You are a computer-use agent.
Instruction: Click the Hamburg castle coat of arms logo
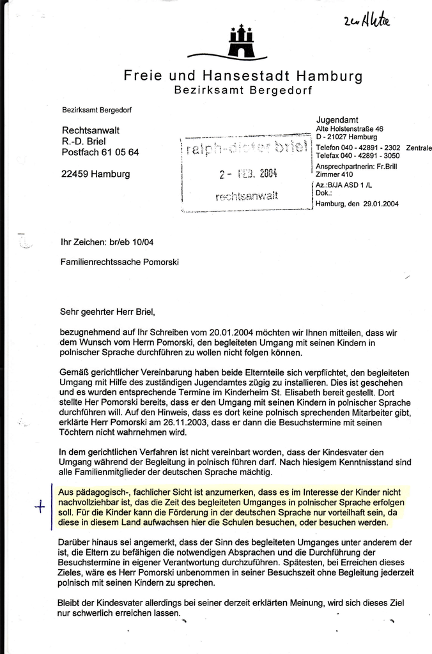coord(241,42)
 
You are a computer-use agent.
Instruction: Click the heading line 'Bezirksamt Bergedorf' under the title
coord(243,91)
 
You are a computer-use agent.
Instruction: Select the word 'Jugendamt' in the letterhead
coord(337,119)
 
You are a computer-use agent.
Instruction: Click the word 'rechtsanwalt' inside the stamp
coord(247,196)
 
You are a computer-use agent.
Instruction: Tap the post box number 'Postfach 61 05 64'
coord(100,152)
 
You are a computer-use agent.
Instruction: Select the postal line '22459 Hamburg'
coord(95,174)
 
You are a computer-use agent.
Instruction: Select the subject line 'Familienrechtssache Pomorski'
coord(120,262)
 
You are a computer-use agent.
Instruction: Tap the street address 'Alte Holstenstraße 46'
coord(350,128)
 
